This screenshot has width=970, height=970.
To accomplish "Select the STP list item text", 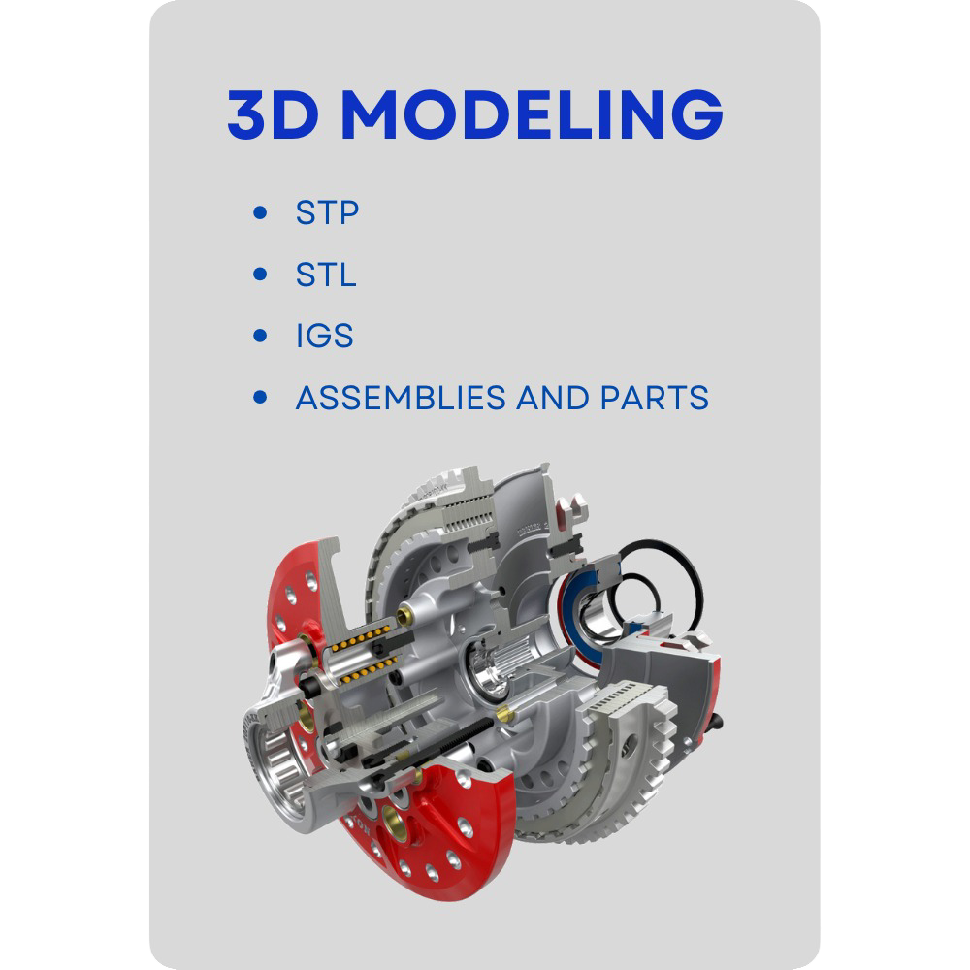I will pyautogui.click(x=327, y=212).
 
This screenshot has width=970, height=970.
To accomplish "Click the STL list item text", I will pyautogui.click(x=326, y=275).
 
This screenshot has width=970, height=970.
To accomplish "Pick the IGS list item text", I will pyautogui.click(x=324, y=337).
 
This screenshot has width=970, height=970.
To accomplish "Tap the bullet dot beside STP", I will pyautogui.click(x=259, y=212).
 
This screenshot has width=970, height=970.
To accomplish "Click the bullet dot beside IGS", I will pyautogui.click(x=259, y=337).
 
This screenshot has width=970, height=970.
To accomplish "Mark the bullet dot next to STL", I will pyautogui.click(x=259, y=275).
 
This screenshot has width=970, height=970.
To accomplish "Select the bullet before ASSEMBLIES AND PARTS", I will pyautogui.click(x=259, y=398).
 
